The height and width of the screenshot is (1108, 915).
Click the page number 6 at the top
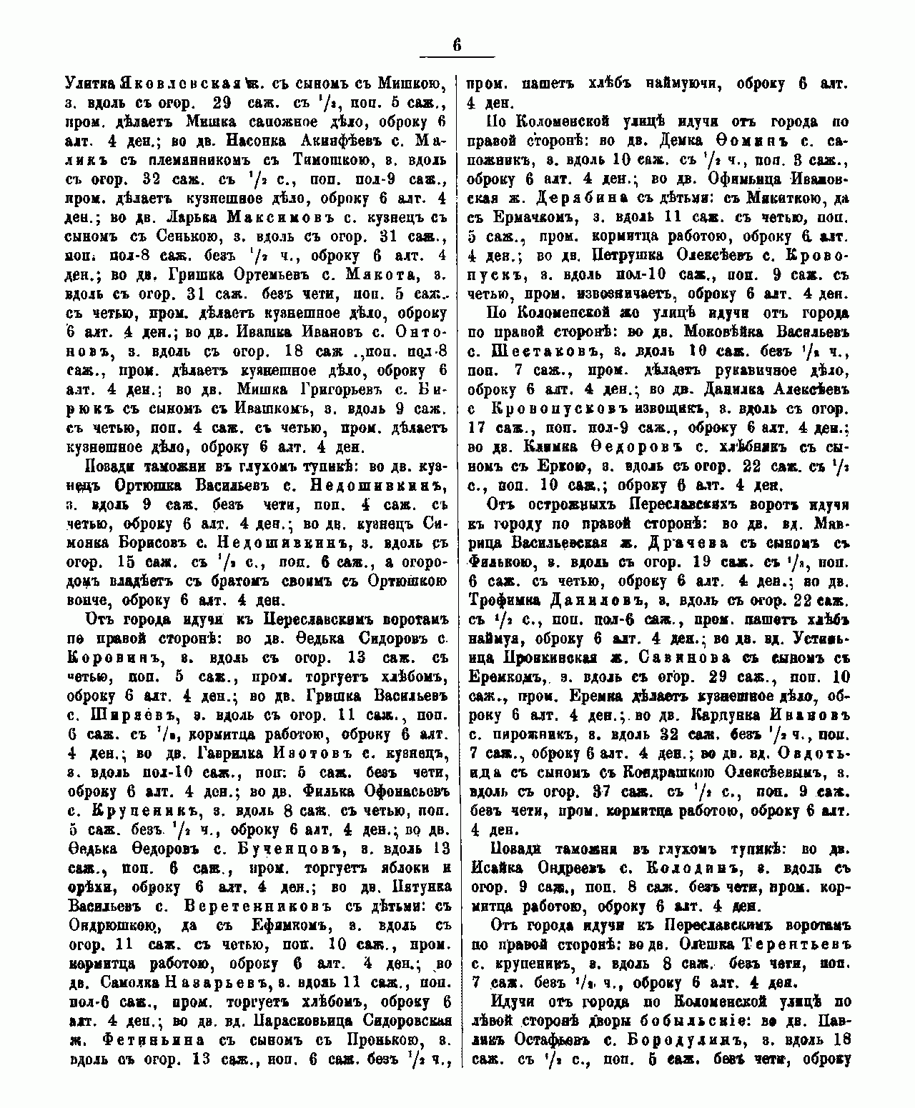(x=457, y=44)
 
